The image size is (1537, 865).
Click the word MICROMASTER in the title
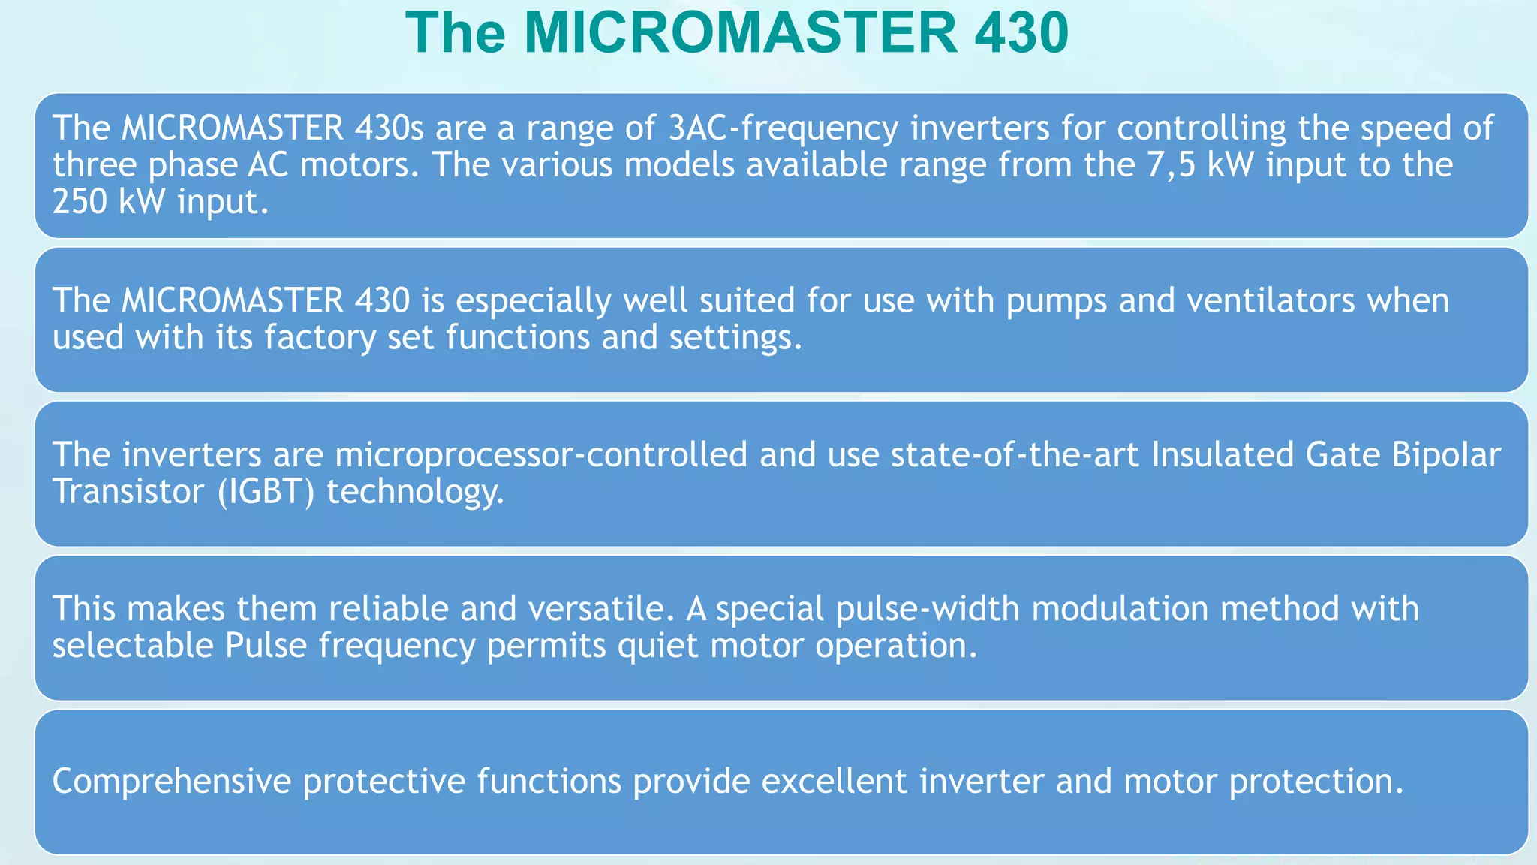point(740,32)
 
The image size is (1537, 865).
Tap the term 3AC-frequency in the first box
point(783,128)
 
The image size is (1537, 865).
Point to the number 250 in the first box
point(80,202)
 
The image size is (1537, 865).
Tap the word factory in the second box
point(319,338)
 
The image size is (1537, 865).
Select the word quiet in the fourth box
point(657,646)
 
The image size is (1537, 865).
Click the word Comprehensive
point(171,782)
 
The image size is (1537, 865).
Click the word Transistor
point(128,492)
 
